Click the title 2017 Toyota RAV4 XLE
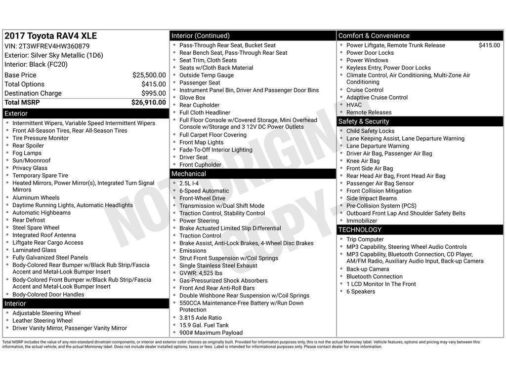pos(50,36)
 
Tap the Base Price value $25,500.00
pos(149,75)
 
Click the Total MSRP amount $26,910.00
pos(148,103)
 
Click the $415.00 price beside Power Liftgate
pos(489,45)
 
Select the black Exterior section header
pos(85,114)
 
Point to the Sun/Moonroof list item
pos(31,160)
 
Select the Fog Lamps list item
pos(27,153)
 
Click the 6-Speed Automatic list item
pos(204,191)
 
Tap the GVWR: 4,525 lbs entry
pos(201,273)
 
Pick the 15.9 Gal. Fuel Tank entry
pos(204,325)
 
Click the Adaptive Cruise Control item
pos(377,98)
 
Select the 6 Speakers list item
pos(360,292)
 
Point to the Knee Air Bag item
pos(363,161)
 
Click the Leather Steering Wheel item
pos(42,321)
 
